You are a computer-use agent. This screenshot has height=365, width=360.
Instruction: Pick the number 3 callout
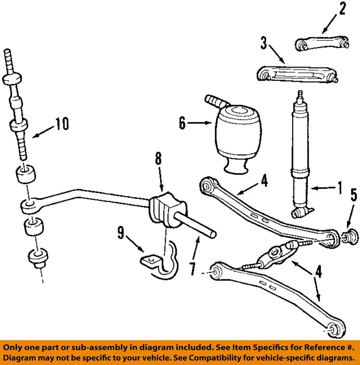[264, 43]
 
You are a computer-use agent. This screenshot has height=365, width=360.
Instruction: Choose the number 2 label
[342, 9]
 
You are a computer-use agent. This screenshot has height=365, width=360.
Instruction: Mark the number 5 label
[354, 195]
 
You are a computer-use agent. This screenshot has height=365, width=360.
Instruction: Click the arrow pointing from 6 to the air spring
[201, 123]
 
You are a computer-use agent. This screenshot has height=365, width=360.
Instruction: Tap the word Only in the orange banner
[14, 348]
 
